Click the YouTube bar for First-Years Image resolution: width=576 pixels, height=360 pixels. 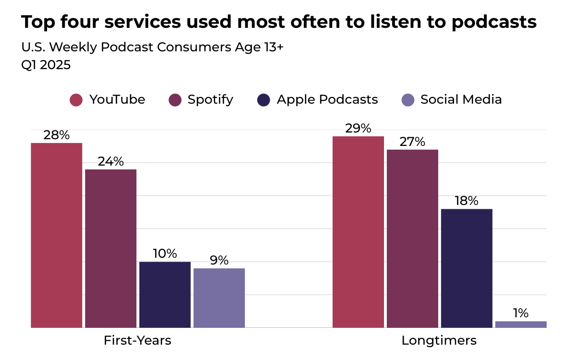tap(57, 235)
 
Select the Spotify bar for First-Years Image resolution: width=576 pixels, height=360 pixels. tap(111, 249)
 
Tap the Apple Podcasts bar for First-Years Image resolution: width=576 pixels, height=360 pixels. tap(165, 295)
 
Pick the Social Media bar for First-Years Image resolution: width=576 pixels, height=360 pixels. tap(219, 298)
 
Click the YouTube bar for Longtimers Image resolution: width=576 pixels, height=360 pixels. tap(359, 232)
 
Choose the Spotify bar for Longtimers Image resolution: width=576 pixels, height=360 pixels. tap(413, 239)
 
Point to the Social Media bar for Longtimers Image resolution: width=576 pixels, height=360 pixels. tap(521, 324)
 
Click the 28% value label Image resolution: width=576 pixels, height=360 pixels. tap(57, 135)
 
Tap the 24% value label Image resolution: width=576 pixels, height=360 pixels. tap(111, 162)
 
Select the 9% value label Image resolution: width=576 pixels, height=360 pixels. tap(219, 261)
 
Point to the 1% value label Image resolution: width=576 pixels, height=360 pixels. tap(521, 313)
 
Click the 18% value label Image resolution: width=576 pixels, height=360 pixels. tap(467, 201)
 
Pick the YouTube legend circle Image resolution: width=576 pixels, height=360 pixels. tap(76, 100)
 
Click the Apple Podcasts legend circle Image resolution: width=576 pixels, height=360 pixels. tap(264, 100)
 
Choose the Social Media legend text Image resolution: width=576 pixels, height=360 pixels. tap(461, 99)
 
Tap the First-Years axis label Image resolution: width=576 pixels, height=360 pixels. tap(137, 340)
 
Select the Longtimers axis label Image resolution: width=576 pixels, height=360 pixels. tap(439, 340)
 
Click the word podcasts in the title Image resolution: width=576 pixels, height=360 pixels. tap(494, 22)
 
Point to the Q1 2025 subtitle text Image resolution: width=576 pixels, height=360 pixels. tap(46, 65)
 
